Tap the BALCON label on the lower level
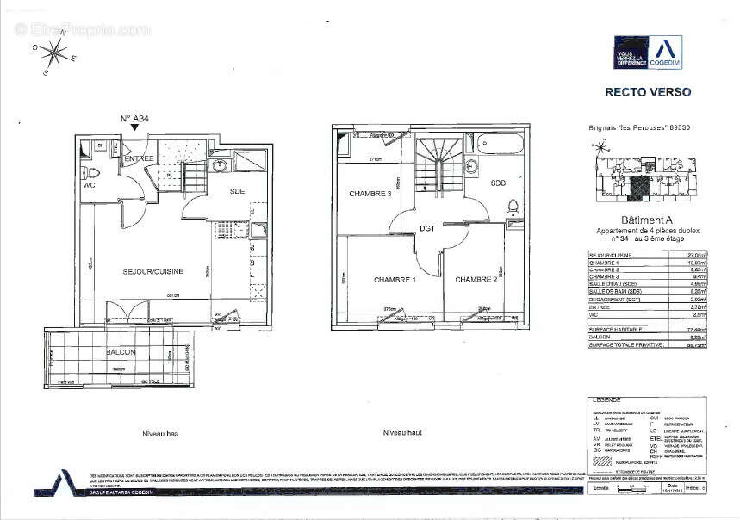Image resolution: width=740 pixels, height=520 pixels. [x=121, y=353]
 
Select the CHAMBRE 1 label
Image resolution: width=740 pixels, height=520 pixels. [x=395, y=280]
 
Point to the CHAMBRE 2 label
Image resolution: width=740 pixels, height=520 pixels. [x=476, y=280]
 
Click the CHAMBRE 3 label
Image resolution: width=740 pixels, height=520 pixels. [x=370, y=194]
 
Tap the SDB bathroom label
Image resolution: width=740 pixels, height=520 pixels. [x=498, y=183]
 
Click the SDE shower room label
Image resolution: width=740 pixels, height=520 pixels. [x=239, y=191]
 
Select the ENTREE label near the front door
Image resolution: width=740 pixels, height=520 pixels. [x=139, y=159]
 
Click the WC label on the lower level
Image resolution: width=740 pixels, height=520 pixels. [x=89, y=184]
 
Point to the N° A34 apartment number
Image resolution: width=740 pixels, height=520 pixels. [x=135, y=118]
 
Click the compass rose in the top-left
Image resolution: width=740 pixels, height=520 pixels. [x=56, y=53]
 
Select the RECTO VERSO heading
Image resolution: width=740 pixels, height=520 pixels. [x=647, y=92]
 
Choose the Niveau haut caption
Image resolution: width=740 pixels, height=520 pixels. [x=401, y=433]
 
